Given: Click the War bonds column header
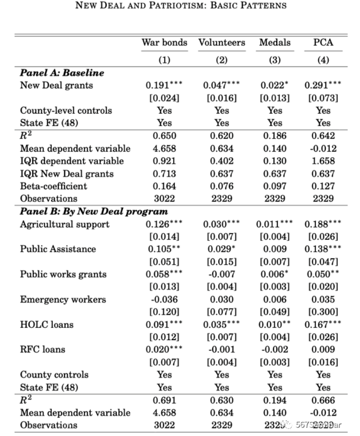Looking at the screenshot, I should (x=164, y=43).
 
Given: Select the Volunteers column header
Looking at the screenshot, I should (x=222, y=43).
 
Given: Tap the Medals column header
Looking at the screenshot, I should (x=275, y=43).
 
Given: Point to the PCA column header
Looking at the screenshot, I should (x=323, y=43).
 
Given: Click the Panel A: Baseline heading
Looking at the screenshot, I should (x=62, y=73).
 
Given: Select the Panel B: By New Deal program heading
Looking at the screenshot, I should (x=94, y=211).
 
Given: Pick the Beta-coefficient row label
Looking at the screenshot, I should (x=53, y=186).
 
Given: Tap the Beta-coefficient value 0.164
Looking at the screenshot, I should (x=164, y=186).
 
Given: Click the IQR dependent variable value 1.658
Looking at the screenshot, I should (x=323, y=161).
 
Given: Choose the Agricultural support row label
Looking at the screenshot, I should (x=65, y=225).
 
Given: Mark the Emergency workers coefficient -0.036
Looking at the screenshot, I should (x=164, y=300).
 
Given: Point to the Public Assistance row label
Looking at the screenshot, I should (x=58, y=249).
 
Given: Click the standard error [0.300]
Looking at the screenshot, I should (x=323, y=312).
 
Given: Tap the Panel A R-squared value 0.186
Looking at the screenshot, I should (x=275, y=136).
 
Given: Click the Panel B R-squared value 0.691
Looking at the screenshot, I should (x=164, y=400).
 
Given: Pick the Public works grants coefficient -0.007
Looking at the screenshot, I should (x=222, y=275).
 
